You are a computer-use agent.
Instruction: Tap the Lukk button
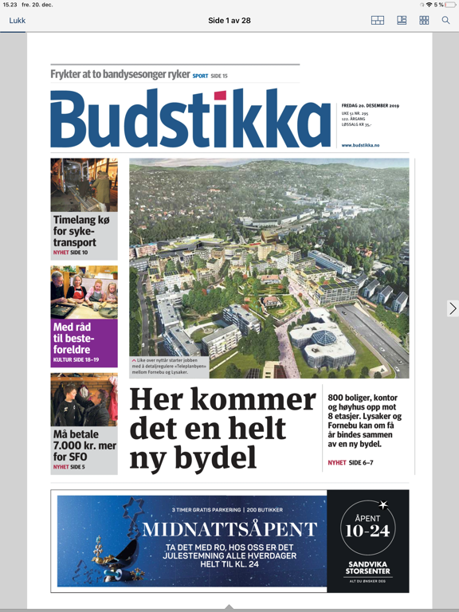(18, 21)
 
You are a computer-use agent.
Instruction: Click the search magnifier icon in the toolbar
(446, 21)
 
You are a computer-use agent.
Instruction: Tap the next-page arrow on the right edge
(452, 308)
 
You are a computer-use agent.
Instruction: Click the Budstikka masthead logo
(190, 120)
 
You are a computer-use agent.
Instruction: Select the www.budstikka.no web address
(360, 145)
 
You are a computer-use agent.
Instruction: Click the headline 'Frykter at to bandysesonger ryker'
(120, 74)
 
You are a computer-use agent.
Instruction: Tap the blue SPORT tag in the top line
(200, 76)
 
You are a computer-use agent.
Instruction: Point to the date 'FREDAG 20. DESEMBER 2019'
(370, 105)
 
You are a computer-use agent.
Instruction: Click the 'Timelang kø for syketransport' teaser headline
(75, 231)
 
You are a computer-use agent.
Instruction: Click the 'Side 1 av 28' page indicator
(229, 21)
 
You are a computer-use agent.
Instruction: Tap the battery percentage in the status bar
(439, 5)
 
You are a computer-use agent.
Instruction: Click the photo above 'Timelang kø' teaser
(84, 185)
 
